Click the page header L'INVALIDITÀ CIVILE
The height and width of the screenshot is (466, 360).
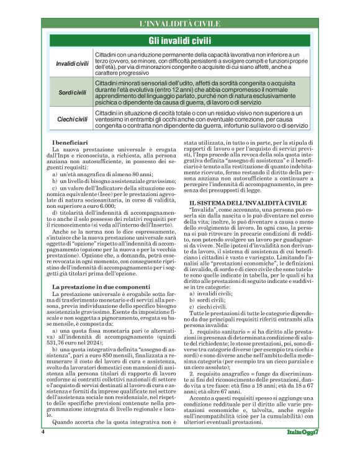180,24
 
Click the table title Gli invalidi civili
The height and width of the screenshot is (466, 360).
180,40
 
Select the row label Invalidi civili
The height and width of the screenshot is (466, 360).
71,64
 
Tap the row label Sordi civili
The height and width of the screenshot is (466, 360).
71,92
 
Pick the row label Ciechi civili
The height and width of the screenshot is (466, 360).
71,119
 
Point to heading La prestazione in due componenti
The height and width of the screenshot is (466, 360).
101,286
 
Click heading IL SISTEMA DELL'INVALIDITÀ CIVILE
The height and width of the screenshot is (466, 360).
248,185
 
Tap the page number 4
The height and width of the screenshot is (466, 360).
43,449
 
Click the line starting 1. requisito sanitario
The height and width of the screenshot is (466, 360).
248,333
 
